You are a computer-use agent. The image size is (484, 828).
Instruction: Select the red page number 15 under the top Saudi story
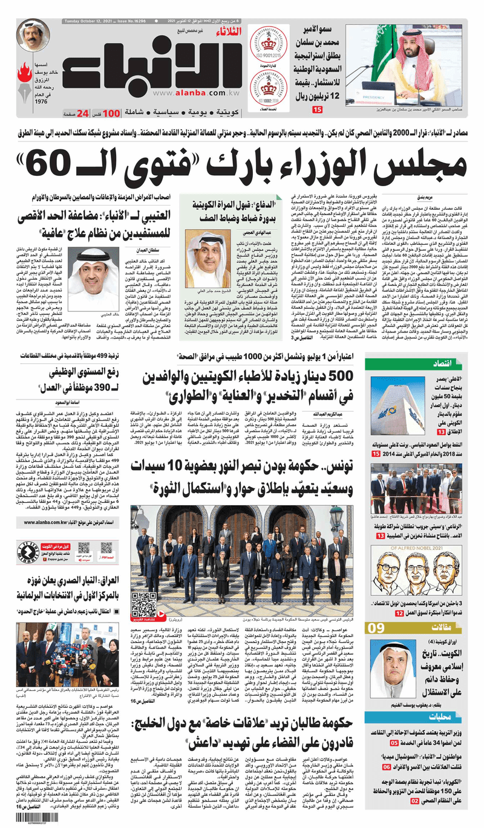coord(317,110)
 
